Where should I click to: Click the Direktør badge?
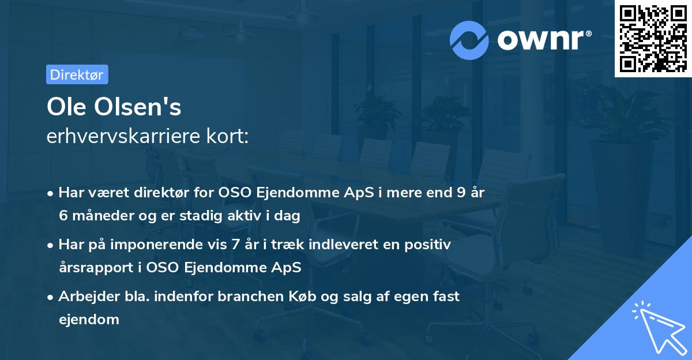point(77,74)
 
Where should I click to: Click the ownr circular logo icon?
point(470,40)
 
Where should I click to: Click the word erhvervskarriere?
point(121,138)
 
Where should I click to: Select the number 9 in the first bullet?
point(460,193)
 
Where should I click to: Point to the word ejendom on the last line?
point(88,319)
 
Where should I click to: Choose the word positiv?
point(427,245)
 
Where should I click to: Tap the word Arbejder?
point(86,297)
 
